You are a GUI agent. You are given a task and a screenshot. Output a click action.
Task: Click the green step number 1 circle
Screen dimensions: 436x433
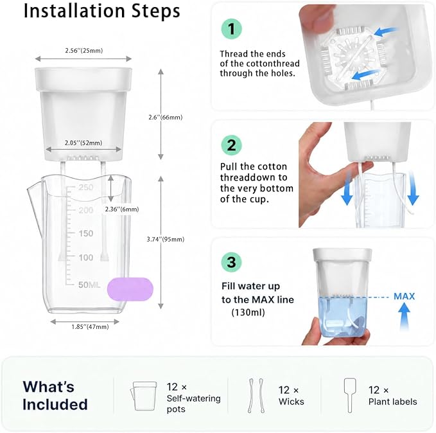coord(231,29)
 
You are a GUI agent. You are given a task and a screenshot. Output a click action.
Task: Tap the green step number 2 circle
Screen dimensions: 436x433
coord(231,145)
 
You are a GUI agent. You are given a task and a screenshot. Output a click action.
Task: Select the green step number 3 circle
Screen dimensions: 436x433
coord(231,262)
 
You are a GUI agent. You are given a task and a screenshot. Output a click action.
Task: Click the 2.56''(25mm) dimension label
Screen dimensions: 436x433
coord(84,51)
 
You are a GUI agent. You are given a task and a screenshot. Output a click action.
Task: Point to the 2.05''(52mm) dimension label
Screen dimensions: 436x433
coord(83,143)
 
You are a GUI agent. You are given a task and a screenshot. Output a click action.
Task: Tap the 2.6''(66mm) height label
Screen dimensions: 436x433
coord(166,118)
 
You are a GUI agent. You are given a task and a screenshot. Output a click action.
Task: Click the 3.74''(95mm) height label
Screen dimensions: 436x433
coord(166,240)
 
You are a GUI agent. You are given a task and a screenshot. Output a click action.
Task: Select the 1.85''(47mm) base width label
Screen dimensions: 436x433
coord(90,327)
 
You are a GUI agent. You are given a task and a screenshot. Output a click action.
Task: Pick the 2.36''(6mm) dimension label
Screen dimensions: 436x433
coord(122,209)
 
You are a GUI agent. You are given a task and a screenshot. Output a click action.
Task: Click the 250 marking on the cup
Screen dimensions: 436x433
coord(85,188)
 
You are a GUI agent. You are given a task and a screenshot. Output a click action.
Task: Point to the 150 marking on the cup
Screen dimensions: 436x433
coord(85,233)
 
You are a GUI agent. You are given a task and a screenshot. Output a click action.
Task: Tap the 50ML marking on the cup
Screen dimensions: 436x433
coord(89,285)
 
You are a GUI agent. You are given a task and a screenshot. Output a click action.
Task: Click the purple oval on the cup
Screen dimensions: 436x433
coord(130,289)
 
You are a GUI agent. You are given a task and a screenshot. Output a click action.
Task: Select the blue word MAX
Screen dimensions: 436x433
coord(404,296)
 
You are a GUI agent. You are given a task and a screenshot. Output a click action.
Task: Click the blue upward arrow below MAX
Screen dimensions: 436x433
coord(404,317)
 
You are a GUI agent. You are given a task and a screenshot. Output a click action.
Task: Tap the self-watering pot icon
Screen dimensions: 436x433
coord(143,396)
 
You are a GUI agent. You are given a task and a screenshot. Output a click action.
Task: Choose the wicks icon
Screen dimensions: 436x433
coord(256,396)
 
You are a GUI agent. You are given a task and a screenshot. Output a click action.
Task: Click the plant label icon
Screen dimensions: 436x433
coord(350,396)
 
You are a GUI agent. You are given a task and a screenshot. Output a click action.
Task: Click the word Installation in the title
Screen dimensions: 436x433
coord(74,11)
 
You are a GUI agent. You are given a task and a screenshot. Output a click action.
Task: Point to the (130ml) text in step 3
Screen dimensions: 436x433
coord(248,313)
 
